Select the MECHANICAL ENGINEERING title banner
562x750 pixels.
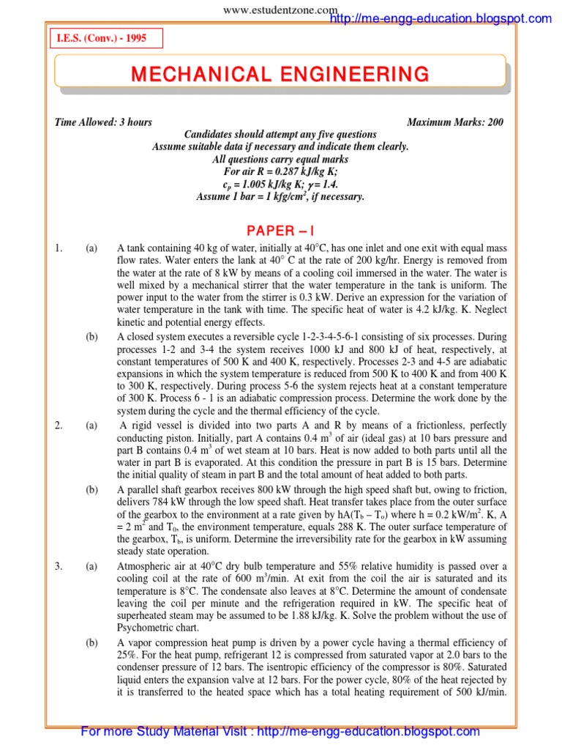(280, 74)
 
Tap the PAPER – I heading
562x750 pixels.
(280, 231)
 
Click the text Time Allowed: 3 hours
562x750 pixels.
(103, 122)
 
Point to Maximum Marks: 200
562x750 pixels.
(454, 122)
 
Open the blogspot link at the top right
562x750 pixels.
(441, 18)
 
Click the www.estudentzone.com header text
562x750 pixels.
(280, 9)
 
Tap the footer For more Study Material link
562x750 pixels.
(280, 731)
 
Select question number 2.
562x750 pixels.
(59, 424)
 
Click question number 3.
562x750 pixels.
(59, 565)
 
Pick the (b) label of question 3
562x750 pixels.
(91, 642)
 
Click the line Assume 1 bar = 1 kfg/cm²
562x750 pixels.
(280, 196)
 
